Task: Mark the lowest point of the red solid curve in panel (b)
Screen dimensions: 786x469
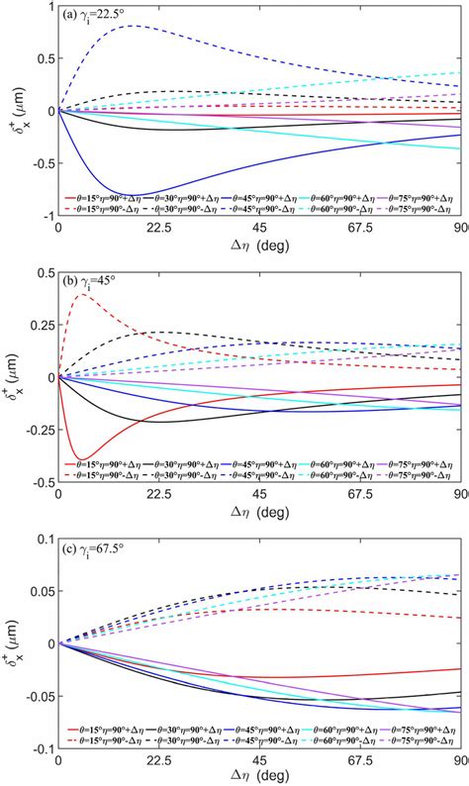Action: [x=82, y=458]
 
